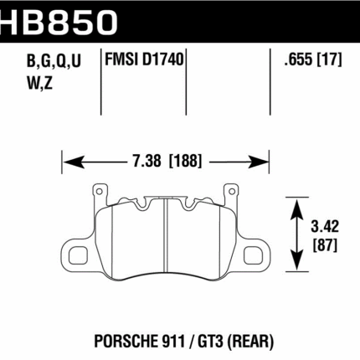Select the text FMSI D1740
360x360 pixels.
pyautogui.click(x=145, y=61)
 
